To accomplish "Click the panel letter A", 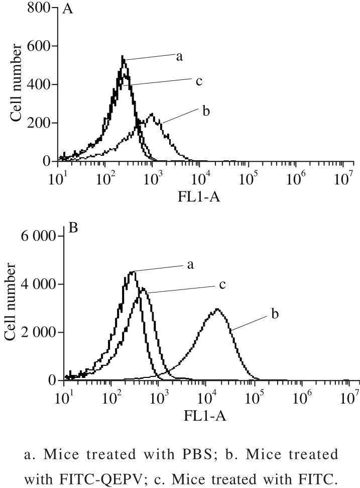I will [68, 9].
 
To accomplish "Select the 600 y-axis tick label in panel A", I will [40, 47].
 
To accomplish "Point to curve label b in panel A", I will [205, 111].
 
